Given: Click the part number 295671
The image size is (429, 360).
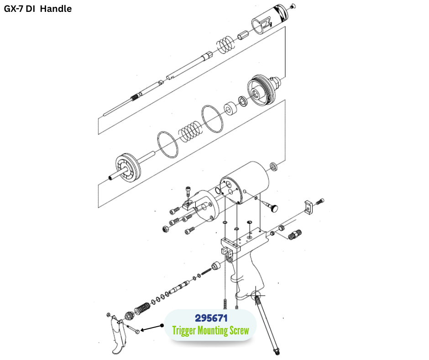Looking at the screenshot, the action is [211, 318].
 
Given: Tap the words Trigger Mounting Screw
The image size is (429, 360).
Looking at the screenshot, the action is [210, 330].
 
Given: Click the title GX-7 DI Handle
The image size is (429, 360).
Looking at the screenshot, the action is [38, 9].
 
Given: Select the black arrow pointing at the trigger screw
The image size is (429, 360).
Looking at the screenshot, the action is [152, 328].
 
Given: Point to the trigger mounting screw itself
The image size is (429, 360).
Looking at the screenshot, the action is [133, 329].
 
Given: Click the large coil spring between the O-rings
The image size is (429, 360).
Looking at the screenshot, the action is [190, 130].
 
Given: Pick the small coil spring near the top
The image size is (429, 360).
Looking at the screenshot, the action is [226, 44].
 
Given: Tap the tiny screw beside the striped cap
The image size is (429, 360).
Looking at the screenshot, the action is [293, 5].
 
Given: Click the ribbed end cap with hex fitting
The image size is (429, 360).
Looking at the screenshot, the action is [264, 90].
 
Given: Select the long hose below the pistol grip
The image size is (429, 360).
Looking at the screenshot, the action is [267, 323].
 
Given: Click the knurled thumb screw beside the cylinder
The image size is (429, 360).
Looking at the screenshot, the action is [269, 205].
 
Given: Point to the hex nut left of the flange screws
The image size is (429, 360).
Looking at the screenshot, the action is [165, 229].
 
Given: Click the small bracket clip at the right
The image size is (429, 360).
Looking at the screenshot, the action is [309, 207].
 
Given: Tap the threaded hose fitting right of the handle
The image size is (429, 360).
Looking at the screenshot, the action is [295, 234].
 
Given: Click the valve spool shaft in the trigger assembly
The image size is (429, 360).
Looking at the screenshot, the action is [179, 286].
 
